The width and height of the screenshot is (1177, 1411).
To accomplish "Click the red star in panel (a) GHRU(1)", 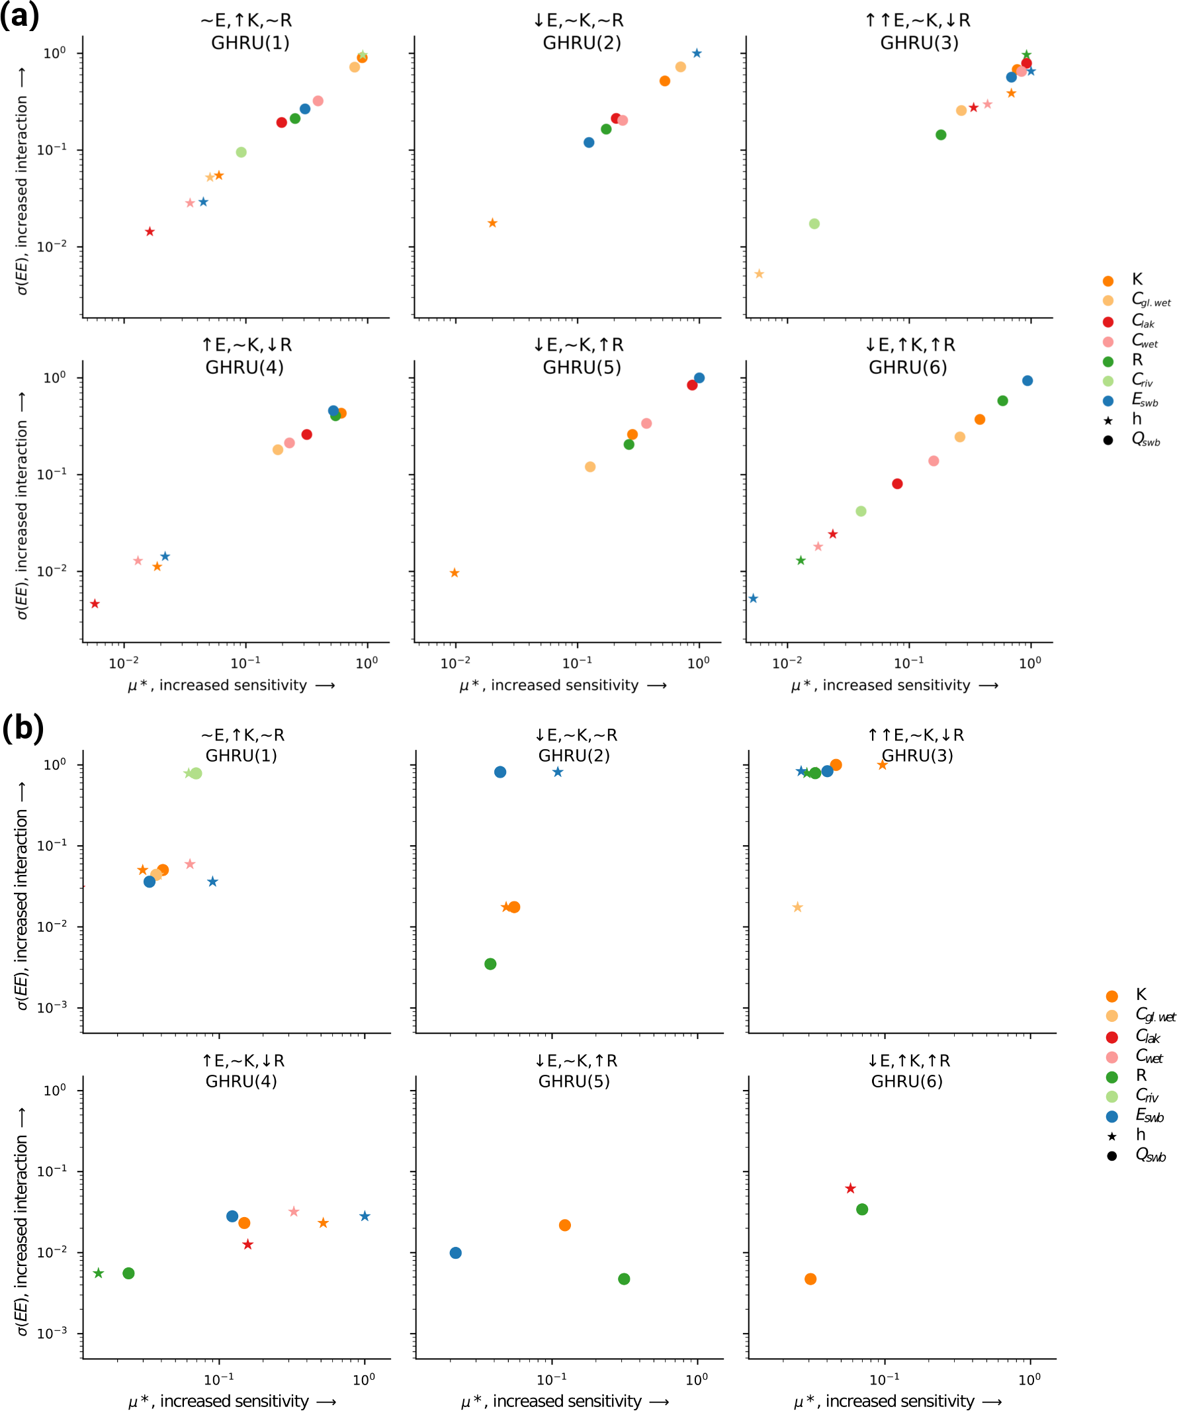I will point(150,232).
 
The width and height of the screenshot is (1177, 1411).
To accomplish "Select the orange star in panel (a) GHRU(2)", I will point(492,223).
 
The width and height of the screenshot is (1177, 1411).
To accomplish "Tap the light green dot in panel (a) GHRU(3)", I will point(814,224).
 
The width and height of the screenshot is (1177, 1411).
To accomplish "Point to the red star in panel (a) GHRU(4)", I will point(95,604).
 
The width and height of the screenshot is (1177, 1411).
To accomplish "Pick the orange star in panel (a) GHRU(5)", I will point(454,573).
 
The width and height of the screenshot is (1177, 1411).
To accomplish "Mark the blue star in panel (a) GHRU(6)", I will point(753,599).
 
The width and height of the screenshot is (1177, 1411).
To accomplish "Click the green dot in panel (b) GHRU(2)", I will point(490,964).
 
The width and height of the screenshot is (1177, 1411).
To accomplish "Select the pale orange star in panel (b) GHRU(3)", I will point(797,908).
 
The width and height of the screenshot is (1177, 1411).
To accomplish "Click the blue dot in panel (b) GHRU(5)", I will point(455,1253).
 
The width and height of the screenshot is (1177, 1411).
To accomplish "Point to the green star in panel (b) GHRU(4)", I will point(98,1273).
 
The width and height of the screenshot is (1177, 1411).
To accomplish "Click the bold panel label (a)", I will point(19,15).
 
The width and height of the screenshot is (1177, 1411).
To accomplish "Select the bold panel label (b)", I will point(23,728).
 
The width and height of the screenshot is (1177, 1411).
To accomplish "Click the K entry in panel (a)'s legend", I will point(1137,279).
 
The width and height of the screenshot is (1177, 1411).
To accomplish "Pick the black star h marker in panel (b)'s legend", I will point(1112,1137).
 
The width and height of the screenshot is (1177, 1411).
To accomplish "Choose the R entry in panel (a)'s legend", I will point(1137,360).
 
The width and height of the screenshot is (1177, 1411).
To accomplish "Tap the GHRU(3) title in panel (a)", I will point(919,43).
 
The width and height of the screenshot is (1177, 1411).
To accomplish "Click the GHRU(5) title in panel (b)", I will point(574,1081).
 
